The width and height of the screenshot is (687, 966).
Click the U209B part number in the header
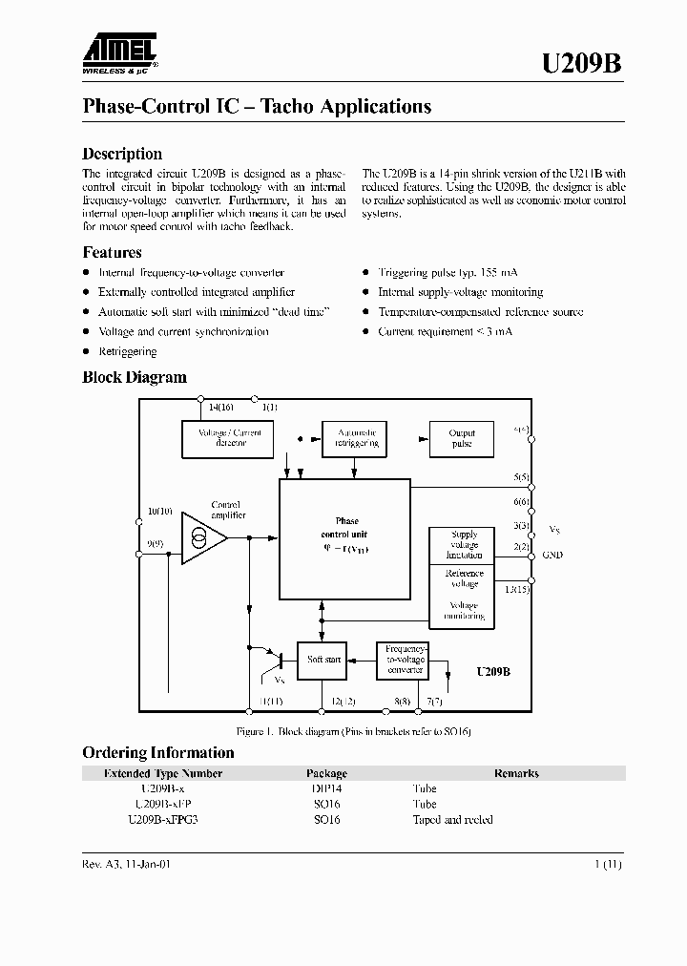point(582,63)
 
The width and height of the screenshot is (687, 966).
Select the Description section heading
point(122,154)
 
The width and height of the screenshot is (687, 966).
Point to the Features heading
point(112,252)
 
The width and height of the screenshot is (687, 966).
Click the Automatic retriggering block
point(356,438)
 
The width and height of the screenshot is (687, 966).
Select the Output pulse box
point(461,438)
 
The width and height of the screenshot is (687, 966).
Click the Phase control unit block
point(346,536)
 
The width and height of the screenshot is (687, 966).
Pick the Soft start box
point(323,660)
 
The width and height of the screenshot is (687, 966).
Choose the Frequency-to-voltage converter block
point(406,660)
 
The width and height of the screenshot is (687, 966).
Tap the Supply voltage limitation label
point(465,545)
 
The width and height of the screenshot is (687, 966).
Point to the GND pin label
point(552,555)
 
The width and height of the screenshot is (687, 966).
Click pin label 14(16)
point(220,408)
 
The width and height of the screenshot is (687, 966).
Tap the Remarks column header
point(516,773)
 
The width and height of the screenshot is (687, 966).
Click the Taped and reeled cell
point(452,820)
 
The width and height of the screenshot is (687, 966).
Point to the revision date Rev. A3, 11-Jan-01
point(126,863)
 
